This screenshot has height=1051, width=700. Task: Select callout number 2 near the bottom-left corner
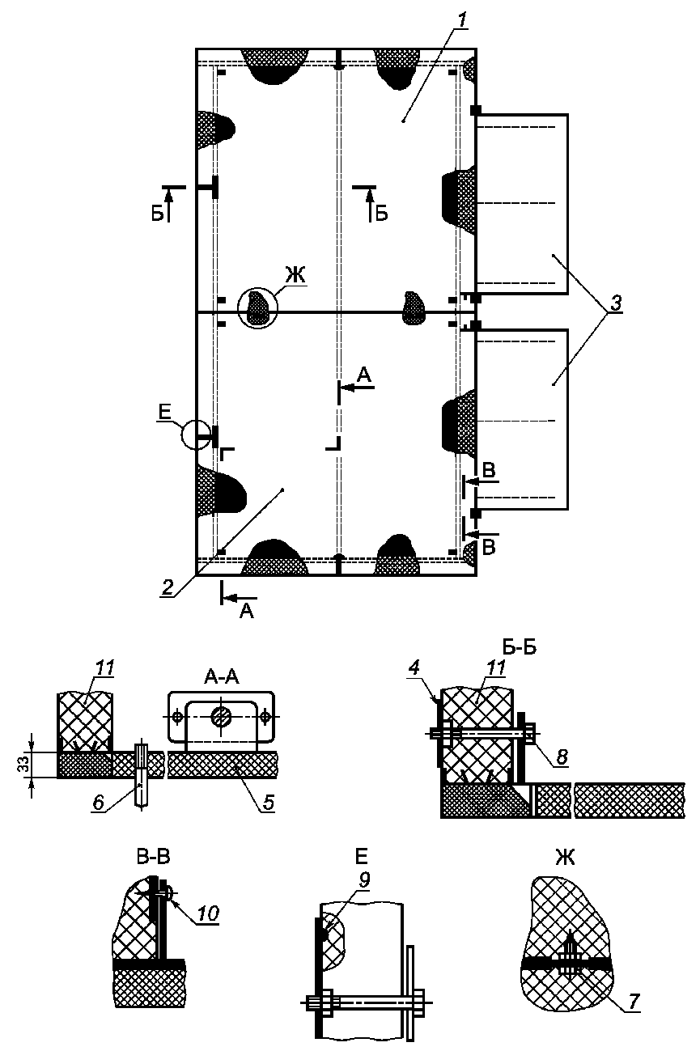167,588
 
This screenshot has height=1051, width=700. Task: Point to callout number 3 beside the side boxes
617,305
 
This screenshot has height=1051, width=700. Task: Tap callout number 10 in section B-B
209,913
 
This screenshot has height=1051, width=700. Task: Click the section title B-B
152,858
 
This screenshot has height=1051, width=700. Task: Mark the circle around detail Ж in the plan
257,308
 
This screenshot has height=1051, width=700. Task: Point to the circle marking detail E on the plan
195,434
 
